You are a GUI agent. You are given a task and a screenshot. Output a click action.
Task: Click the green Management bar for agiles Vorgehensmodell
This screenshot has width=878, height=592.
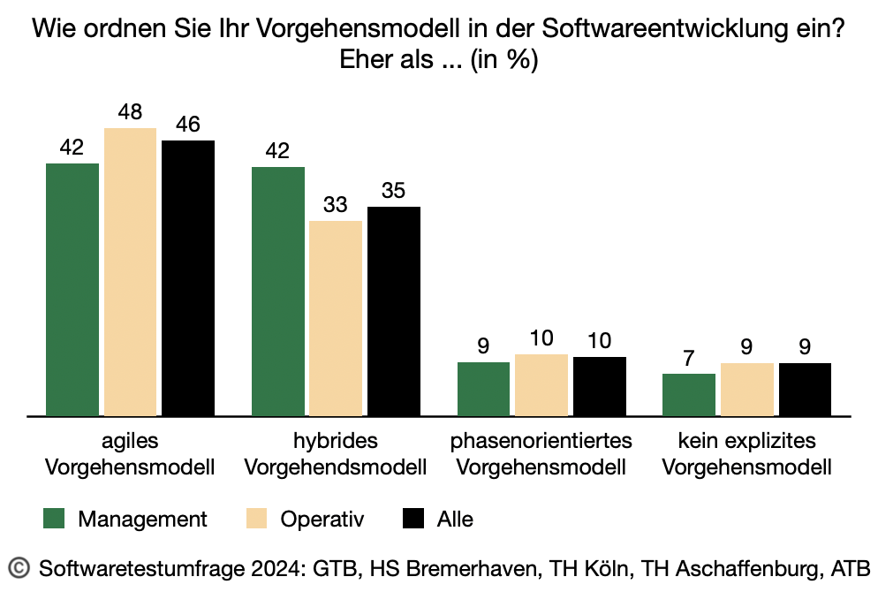(x=72, y=289)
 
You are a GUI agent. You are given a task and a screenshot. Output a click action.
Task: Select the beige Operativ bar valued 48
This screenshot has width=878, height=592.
(x=130, y=271)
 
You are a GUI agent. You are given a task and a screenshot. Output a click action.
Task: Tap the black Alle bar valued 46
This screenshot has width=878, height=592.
(x=188, y=277)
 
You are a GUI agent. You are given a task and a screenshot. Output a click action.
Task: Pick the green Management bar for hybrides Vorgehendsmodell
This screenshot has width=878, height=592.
(x=278, y=291)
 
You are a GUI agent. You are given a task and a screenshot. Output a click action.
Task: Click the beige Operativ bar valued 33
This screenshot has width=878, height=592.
(x=336, y=318)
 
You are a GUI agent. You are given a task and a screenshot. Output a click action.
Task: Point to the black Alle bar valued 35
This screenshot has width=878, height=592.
(x=394, y=311)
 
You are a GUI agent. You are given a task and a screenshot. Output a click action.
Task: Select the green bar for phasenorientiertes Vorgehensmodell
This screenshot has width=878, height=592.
(x=483, y=389)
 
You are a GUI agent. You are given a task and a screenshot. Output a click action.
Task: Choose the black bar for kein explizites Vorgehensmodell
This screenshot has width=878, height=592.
(x=805, y=389)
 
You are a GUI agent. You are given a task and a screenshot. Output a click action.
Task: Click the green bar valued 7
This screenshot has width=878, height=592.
(x=689, y=394)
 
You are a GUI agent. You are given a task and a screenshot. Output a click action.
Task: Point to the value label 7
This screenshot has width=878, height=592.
(x=689, y=360)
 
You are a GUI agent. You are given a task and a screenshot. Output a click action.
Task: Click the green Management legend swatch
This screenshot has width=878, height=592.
(x=57, y=519)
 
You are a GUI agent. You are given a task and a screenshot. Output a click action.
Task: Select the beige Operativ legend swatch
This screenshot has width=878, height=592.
(x=259, y=519)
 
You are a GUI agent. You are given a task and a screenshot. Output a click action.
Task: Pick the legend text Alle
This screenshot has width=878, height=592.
(x=455, y=519)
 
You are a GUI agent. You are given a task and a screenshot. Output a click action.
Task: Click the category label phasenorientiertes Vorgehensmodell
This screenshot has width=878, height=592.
(x=541, y=453)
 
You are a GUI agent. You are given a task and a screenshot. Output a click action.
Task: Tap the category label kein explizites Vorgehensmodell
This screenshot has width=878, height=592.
(x=746, y=453)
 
